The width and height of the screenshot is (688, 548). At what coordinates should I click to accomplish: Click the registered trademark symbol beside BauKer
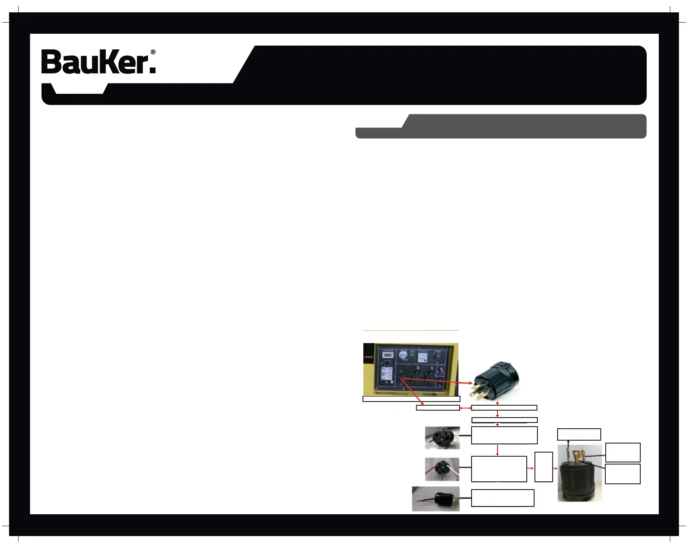coord(153,52)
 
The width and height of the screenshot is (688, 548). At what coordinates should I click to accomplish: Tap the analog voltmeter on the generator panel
coord(423,358)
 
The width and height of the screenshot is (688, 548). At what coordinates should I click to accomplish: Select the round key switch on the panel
coord(403,355)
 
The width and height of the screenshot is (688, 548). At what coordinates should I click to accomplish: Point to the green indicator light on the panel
coord(412,353)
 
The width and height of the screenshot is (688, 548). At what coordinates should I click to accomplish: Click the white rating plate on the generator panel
coord(386,374)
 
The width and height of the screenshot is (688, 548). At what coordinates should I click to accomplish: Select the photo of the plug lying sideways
coord(436,499)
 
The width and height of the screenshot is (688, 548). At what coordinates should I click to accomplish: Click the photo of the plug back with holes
coord(442,438)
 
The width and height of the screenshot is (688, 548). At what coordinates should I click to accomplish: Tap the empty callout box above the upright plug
coord(579,434)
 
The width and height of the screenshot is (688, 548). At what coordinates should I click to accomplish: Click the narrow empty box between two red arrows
coord(544,467)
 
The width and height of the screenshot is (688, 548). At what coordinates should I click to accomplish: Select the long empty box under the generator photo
coord(411,399)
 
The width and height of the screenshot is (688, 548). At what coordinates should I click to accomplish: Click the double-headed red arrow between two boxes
coord(465,408)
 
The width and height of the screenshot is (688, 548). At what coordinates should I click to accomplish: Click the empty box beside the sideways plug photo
coord(502,498)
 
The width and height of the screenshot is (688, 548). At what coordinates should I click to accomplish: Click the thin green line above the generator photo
coord(411,330)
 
